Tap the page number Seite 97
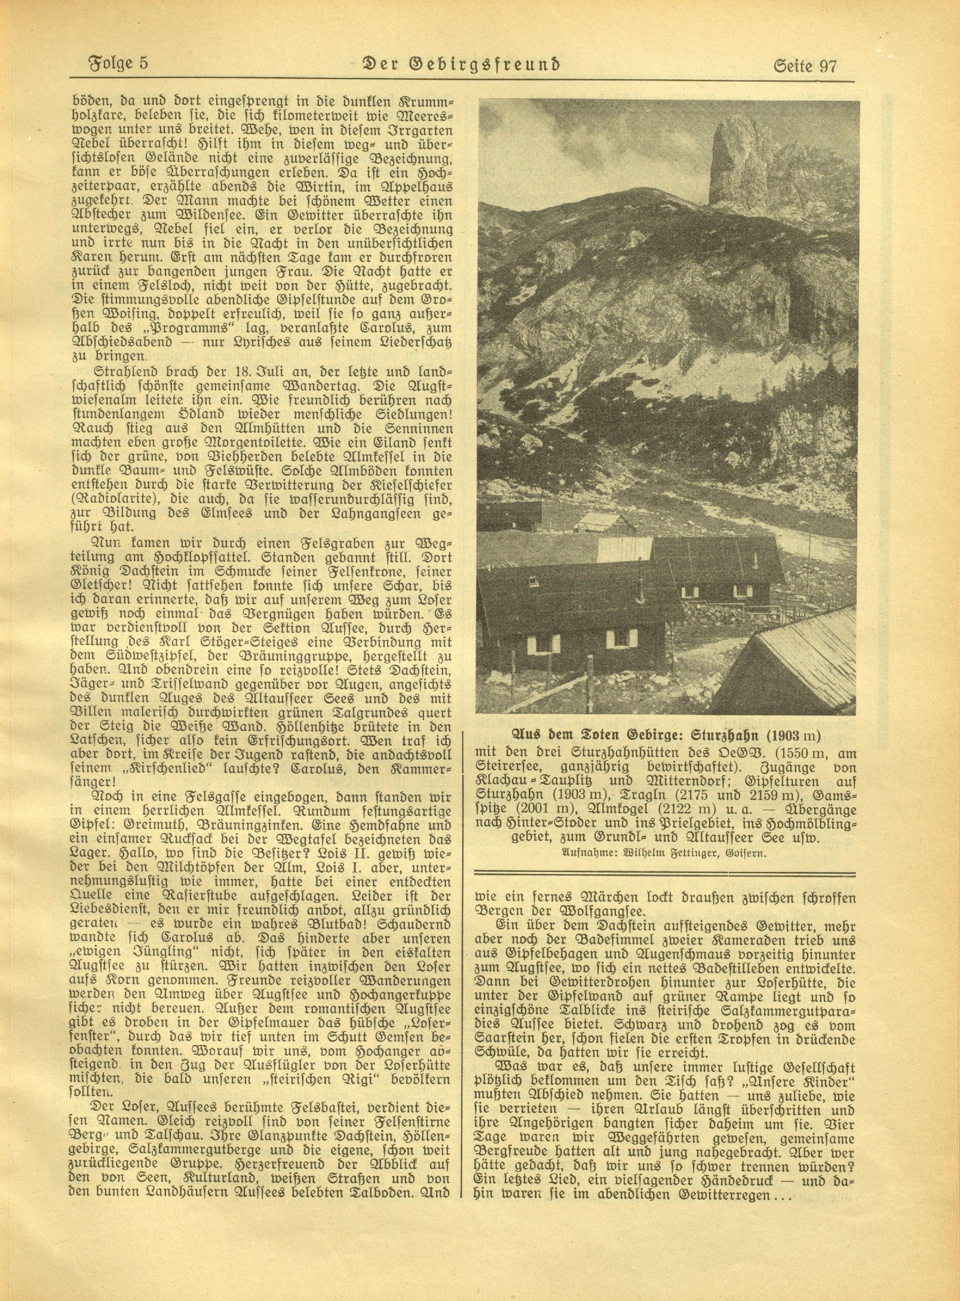[805, 66]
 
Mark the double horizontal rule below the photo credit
[665, 873]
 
